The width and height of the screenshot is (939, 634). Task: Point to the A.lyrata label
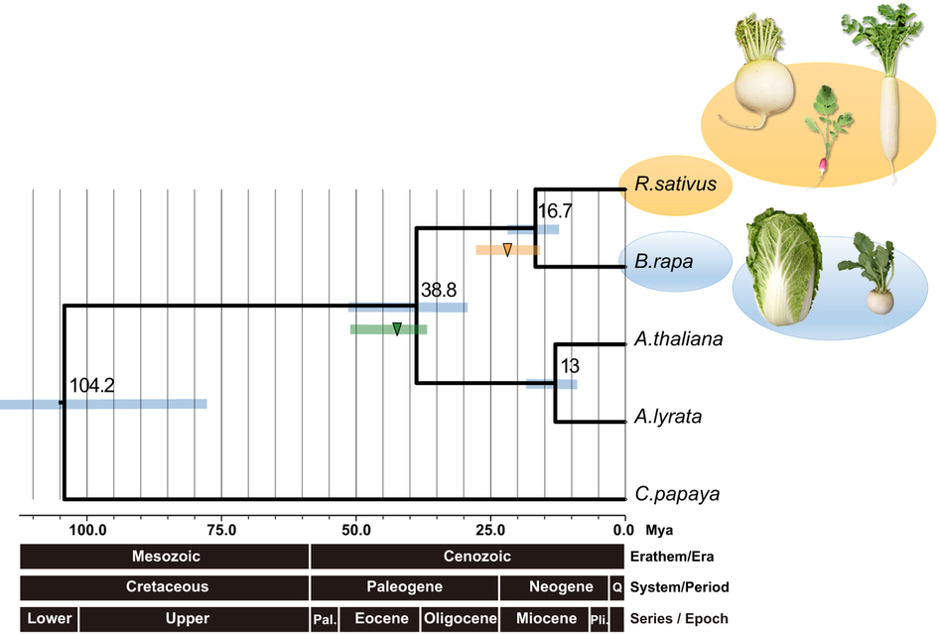click(x=667, y=417)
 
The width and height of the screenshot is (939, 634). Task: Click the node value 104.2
click(x=91, y=385)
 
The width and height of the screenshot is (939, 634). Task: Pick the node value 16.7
click(x=556, y=210)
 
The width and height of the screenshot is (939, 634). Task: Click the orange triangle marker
click(x=507, y=250)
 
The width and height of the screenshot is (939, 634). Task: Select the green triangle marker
click(x=397, y=329)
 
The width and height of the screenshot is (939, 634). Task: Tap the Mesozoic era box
click(x=165, y=557)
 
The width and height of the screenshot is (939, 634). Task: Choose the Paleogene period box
click(x=404, y=587)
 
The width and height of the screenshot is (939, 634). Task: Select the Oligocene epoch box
click(x=461, y=618)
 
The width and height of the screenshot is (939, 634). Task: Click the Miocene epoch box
click(x=545, y=618)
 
